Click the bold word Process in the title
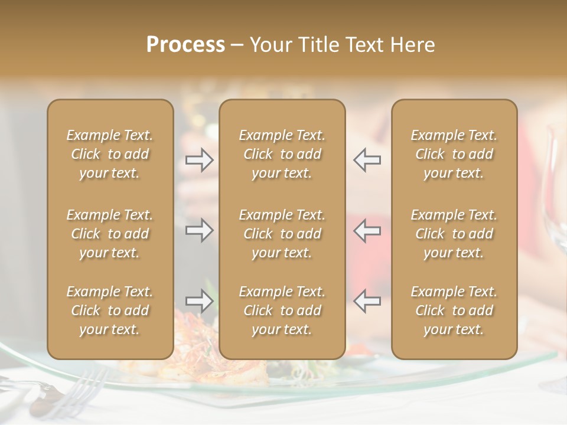tap(185, 45)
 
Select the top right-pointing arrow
tap(200, 160)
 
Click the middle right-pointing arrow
tap(200, 230)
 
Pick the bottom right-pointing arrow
tap(200, 301)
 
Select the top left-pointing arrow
tap(367, 160)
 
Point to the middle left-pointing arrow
tap(367, 230)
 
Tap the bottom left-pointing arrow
tap(367, 301)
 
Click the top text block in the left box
tap(110, 154)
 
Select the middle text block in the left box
tap(110, 234)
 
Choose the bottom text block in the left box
tap(110, 310)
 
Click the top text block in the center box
tap(282, 154)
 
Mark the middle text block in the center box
tap(282, 234)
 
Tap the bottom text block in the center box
tap(282, 310)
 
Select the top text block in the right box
tap(454, 154)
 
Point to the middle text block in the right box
tap(454, 234)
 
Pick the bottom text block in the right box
tap(454, 310)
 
